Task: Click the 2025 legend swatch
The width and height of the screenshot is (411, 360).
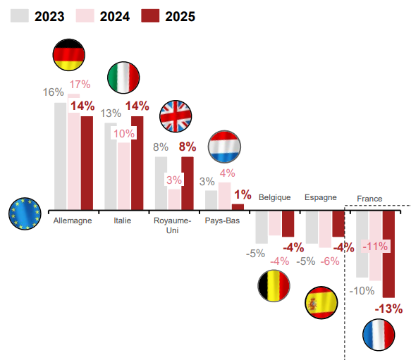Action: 150,15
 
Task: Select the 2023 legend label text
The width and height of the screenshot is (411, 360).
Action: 49,16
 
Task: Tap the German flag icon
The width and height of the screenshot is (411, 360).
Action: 69,55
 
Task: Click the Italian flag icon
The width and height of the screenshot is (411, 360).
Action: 123,77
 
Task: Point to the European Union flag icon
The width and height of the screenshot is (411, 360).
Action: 25,213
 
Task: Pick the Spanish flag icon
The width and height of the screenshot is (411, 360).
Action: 321,303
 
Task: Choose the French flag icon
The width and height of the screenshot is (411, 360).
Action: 379,335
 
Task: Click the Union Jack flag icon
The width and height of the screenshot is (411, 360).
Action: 176,116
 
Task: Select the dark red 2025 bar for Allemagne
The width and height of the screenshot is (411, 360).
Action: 87,163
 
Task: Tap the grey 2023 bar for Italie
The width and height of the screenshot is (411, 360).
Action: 111,166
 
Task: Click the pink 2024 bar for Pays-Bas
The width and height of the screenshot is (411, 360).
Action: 225,197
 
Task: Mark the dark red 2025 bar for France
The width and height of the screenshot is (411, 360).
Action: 388,254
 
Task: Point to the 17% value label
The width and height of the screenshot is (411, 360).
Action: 80,85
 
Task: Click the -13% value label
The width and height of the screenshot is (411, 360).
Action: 388,309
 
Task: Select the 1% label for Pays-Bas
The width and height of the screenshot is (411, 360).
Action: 243,194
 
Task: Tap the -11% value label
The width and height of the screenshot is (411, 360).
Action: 375,247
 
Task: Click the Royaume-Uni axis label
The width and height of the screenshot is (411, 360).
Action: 173,225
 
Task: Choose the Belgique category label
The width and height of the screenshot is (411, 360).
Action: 275,197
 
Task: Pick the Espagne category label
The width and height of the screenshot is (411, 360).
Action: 321,197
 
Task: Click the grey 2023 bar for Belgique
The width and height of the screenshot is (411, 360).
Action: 262,227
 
